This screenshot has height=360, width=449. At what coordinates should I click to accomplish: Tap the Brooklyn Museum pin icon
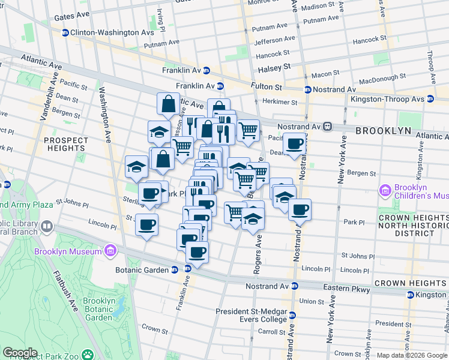[x=110, y=250]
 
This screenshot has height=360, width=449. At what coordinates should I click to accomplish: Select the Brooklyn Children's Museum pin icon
[x=385, y=191]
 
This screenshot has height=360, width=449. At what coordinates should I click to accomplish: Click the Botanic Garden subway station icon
[x=174, y=269]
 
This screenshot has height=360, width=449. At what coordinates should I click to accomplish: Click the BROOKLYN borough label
[x=383, y=130]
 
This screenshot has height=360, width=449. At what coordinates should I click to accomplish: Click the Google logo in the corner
[x=20, y=353]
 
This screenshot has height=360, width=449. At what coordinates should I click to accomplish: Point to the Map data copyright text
[x=412, y=355]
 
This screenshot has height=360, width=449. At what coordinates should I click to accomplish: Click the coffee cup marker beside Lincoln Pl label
[x=147, y=225]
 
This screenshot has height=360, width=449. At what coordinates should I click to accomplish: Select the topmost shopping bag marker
[x=169, y=103]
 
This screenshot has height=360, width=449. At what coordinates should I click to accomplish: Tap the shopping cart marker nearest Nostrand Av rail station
[x=248, y=129]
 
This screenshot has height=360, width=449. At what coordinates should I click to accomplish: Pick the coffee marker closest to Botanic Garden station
[x=196, y=252]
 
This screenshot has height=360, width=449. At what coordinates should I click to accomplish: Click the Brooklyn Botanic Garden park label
[x=98, y=309]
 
